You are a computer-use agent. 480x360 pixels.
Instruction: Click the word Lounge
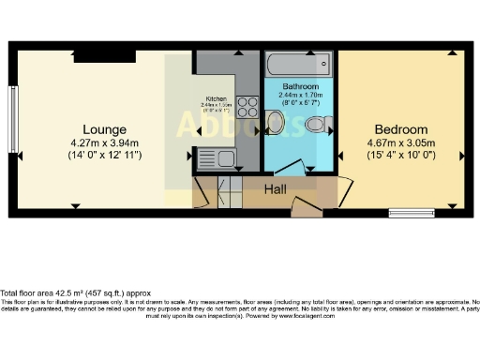click(x=104, y=129)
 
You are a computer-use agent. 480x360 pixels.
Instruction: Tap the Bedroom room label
click(x=400, y=129)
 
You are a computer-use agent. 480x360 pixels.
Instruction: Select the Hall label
click(x=275, y=189)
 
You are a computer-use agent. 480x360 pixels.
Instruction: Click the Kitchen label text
click(x=217, y=97)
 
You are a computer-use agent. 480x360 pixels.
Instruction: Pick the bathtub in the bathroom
click(x=299, y=66)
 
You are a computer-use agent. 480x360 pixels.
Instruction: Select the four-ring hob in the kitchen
click(x=247, y=106)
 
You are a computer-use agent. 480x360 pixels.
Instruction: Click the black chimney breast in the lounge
click(x=97, y=57)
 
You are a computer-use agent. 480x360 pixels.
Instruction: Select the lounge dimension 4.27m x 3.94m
click(x=105, y=142)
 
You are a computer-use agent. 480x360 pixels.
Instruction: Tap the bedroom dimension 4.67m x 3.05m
click(x=400, y=142)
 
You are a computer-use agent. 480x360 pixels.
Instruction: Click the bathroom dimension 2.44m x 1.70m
click(x=301, y=94)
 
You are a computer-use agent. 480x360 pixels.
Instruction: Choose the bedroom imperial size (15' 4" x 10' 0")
click(x=400, y=155)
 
